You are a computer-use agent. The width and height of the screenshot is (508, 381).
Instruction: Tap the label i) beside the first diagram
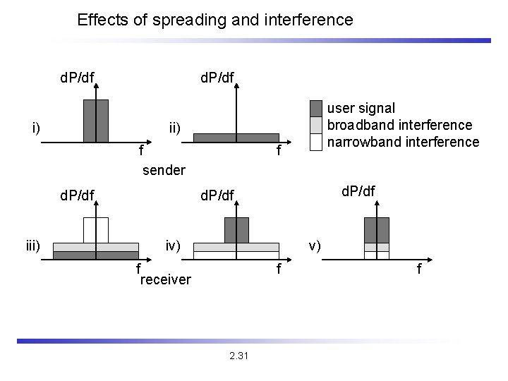pyautogui.click(x=36, y=128)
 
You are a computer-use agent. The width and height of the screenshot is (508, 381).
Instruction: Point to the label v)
pyautogui.click(x=315, y=246)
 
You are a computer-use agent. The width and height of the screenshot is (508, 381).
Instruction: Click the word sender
pyautogui.click(x=164, y=170)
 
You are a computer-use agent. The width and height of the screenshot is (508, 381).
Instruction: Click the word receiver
pyautogui.click(x=166, y=280)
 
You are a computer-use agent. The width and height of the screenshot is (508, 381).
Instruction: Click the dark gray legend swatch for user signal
pyautogui.click(x=316, y=108)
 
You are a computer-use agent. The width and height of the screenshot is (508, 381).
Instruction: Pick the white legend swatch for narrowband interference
pyautogui.click(x=316, y=141)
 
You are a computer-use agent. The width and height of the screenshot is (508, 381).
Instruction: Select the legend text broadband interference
pyautogui.click(x=400, y=125)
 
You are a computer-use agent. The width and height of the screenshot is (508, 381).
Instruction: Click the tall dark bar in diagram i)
pyautogui.click(x=96, y=121)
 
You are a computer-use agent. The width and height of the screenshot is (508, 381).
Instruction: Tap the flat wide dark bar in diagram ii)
pyautogui.click(x=236, y=138)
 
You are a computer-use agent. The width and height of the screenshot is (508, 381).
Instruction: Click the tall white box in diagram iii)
pyautogui.click(x=96, y=230)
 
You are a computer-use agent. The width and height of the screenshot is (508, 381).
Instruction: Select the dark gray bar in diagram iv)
pyautogui.click(x=236, y=230)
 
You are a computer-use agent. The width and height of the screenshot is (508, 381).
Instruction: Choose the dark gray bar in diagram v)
pyautogui.click(x=377, y=230)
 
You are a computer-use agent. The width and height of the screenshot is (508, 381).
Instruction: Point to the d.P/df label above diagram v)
pyautogui.click(x=358, y=190)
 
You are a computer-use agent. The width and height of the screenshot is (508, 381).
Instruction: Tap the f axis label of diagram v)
pyautogui.click(x=419, y=270)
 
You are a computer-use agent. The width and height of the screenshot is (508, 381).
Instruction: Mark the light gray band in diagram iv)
pyautogui.click(x=236, y=248)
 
